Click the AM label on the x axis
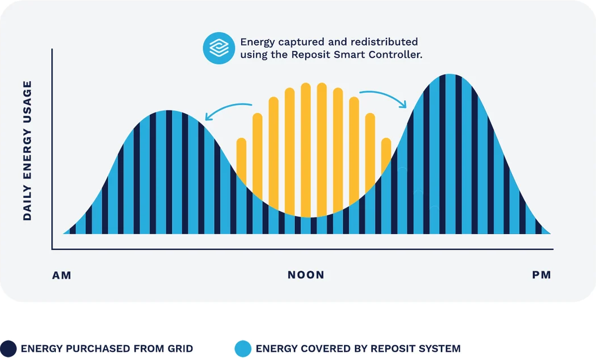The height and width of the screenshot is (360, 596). pyautogui.click(x=62, y=276)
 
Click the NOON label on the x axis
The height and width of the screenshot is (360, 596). pyautogui.click(x=306, y=275)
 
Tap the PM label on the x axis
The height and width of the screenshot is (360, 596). pyautogui.click(x=541, y=275)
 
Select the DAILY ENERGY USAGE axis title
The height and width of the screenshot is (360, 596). pyautogui.click(x=27, y=150)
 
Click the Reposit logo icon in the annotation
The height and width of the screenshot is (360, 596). pyautogui.click(x=219, y=48)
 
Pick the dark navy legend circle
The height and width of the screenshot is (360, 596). pyautogui.click(x=8, y=349)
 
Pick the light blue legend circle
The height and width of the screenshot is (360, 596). pyautogui.click(x=242, y=349)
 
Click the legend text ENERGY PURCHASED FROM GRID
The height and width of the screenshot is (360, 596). pyautogui.click(x=107, y=349)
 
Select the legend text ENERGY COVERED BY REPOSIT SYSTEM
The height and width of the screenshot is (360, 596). pyautogui.click(x=358, y=349)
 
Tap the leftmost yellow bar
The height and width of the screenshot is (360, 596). pyautogui.click(x=241, y=158)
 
